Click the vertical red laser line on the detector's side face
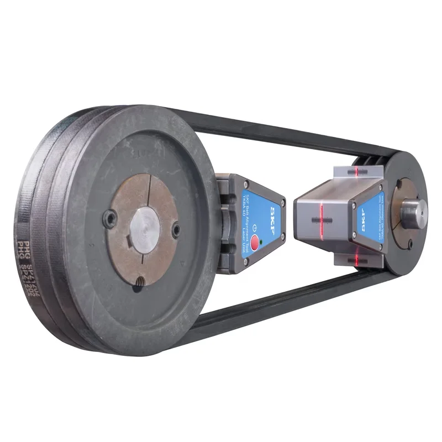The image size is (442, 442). click(321, 219)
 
